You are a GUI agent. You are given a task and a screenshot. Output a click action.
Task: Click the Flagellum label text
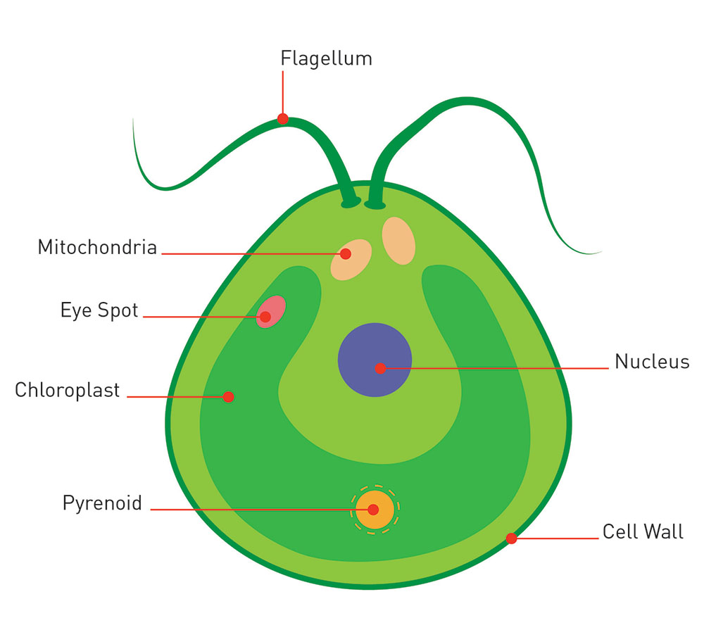coord(326,58)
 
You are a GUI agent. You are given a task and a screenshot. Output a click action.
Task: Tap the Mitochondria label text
coord(97,248)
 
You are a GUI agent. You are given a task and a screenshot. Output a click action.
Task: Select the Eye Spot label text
coord(99,310)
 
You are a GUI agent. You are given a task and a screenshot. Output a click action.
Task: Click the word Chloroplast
coord(68,390)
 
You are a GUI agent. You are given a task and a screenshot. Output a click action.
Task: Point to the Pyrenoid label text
coord(102,503)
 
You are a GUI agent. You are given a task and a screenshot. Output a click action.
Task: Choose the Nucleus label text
coord(652,362)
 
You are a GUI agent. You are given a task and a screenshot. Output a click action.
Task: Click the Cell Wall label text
coord(643,531)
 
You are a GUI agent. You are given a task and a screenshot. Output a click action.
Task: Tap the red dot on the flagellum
coord(283,119)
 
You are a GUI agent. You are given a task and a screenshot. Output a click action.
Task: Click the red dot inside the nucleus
coord(380,368)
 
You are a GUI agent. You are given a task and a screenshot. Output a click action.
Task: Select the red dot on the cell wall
coord(512,538)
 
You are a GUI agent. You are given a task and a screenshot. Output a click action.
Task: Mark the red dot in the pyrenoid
coord(373,510)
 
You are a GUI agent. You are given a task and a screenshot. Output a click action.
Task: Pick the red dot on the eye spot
coord(265,317)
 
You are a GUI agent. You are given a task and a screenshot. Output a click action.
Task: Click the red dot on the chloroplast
coord(228,397)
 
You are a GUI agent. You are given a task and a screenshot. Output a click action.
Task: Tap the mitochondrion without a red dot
coord(398,241)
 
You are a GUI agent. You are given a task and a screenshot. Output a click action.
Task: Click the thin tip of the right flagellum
coord(598,252)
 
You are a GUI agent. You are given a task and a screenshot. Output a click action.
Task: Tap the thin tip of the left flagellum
coord(133,121)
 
